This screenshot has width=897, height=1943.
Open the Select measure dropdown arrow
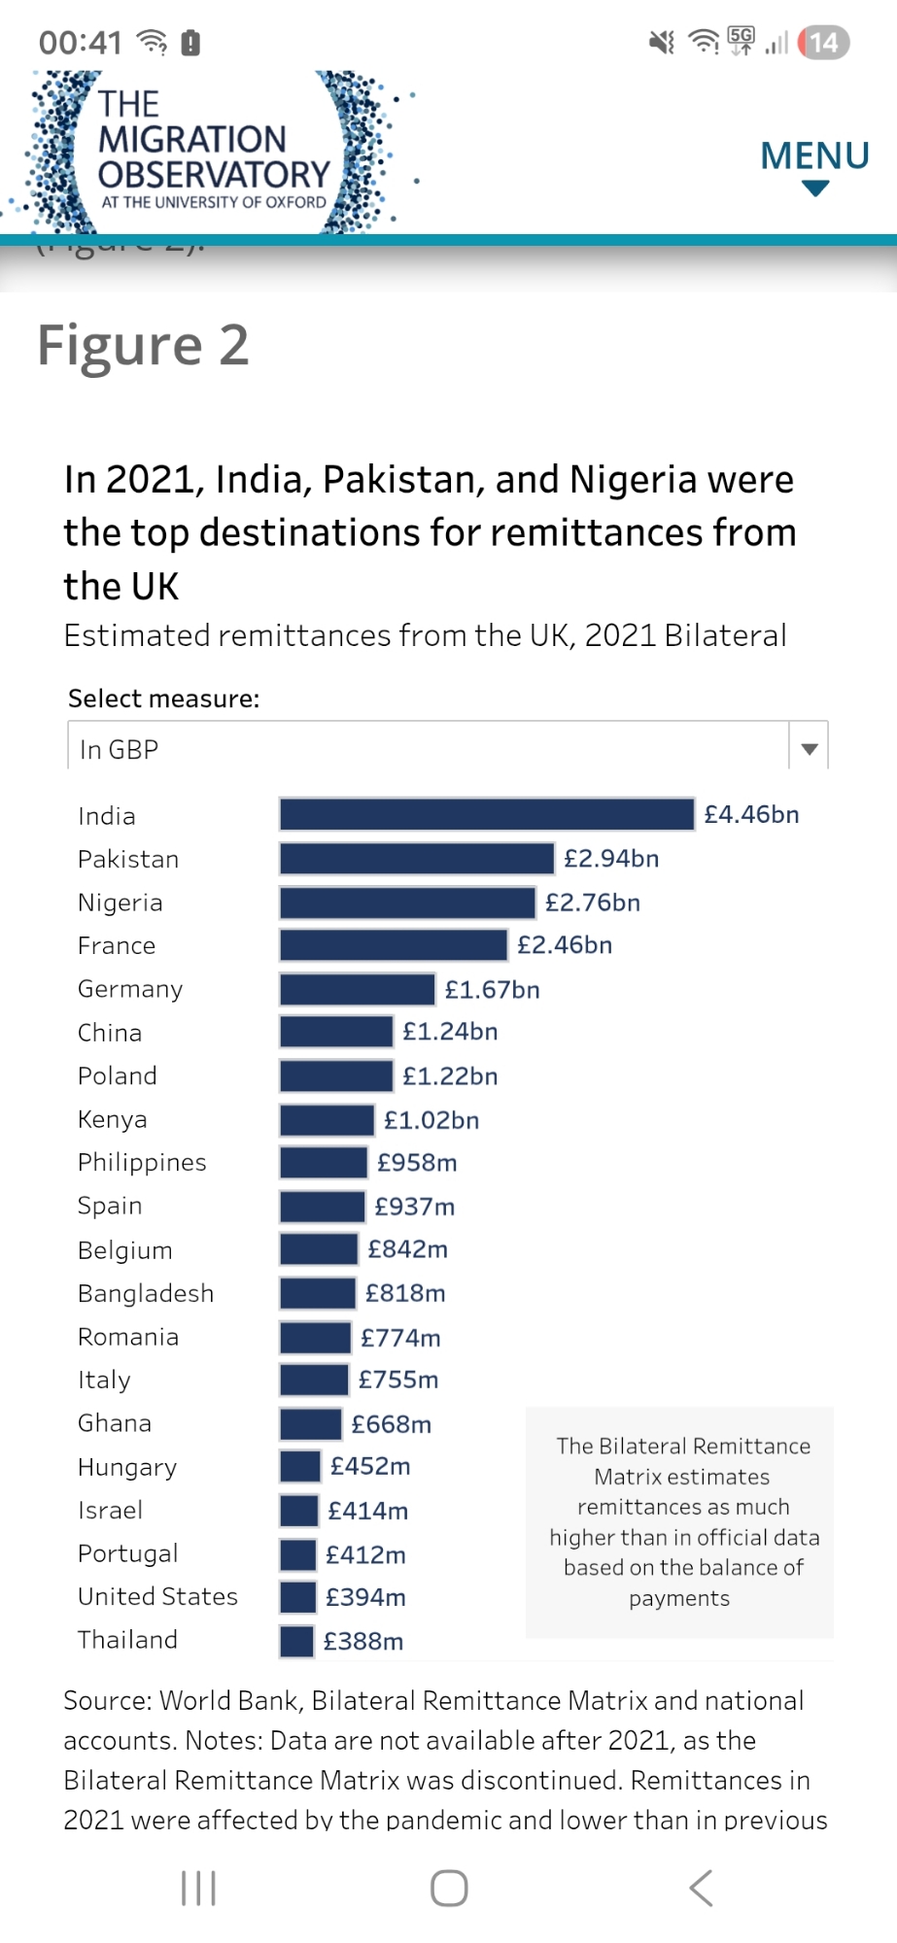point(809,749)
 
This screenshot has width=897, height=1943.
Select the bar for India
point(486,814)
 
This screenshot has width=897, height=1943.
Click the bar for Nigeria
point(407,903)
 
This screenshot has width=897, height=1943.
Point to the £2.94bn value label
point(611,859)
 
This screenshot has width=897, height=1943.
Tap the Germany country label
point(130,989)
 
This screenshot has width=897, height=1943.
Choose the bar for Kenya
point(327,1120)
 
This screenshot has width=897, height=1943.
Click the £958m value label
point(417,1163)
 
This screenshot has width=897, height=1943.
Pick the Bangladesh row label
point(146,1294)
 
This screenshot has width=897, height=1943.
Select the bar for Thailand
point(296,1641)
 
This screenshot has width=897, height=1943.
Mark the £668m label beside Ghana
point(392,1424)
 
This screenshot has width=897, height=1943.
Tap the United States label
point(157,1597)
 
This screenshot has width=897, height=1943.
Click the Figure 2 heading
point(143,346)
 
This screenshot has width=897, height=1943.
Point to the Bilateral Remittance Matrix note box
point(679,1521)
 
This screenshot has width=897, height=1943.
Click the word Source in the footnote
point(105,1701)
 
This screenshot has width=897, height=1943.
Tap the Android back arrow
point(701,1889)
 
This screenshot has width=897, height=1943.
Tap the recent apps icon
point(199,1889)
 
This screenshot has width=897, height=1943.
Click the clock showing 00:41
point(81,43)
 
